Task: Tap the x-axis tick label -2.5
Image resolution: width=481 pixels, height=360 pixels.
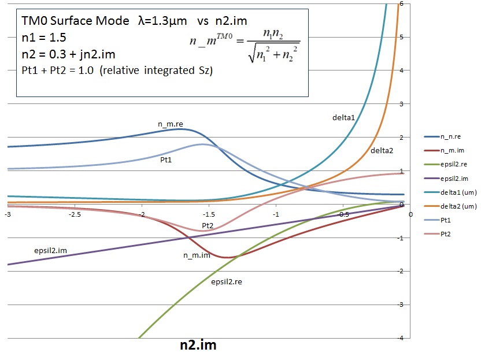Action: click(x=74, y=214)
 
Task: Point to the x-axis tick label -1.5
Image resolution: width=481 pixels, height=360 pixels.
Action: click(x=209, y=214)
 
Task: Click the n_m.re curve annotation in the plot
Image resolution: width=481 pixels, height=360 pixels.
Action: click(x=171, y=124)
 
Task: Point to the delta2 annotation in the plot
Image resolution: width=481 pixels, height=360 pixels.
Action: click(x=382, y=151)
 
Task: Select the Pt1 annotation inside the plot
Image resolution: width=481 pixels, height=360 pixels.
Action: click(x=166, y=159)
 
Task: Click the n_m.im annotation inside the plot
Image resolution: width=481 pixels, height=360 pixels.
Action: click(x=197, y=255)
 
